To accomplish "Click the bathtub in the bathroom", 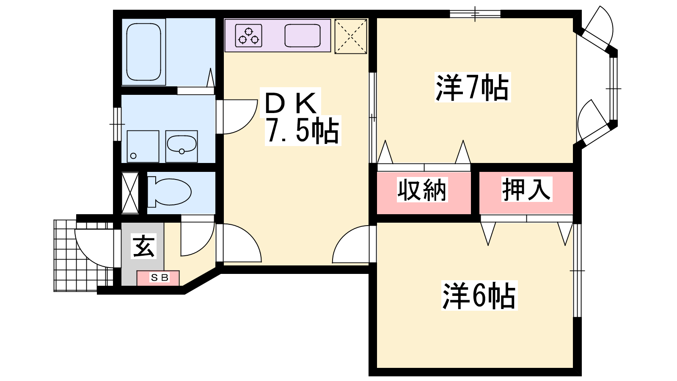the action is [143, 52].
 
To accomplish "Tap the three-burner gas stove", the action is [248, 36].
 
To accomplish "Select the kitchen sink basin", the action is [303, 36].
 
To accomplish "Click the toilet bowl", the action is [170, 192].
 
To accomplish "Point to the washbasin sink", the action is [182, 146].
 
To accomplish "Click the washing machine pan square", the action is [143, 146].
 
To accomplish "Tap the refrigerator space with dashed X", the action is [351, 36].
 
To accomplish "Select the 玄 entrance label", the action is [143, 246].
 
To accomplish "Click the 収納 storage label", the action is [422, 190].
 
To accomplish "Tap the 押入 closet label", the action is [526, 190].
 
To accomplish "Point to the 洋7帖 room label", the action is [472, 87].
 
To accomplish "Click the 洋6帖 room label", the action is [479, 295].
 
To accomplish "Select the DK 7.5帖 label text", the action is [301, 117].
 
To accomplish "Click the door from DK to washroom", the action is [237, 117].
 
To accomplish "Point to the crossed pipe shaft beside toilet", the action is [130, 193].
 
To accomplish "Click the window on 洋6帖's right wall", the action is [577, 271].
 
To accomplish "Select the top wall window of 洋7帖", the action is [475, 14].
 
